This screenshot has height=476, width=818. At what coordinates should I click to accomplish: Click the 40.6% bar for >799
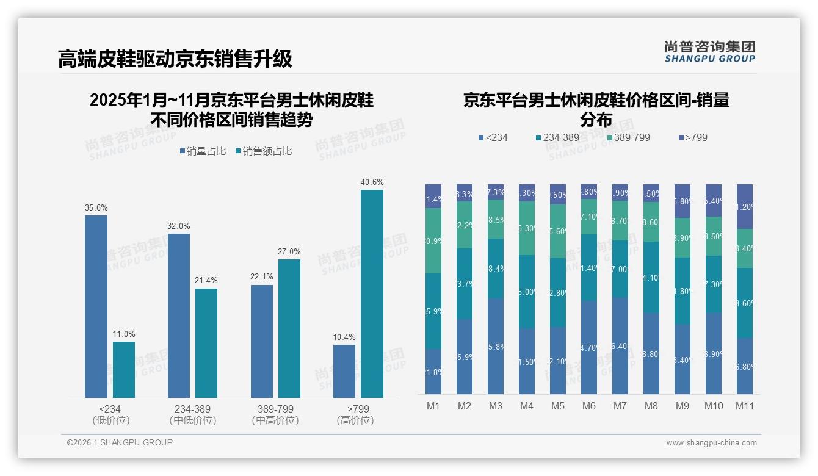tap(372, 294)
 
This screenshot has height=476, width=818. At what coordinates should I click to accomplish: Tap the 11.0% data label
tap(124, 334)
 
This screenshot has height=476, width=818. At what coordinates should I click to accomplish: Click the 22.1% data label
tap(261, 276)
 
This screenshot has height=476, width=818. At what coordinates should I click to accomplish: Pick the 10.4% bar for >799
tap(344, 371)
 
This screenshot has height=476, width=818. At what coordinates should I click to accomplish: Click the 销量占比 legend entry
tap(205, 151)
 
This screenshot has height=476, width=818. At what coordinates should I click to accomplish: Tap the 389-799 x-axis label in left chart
tap(275, 409)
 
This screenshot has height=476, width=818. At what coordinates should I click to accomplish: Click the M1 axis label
tap(433, 406)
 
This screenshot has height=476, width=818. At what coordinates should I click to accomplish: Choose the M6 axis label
tap(588, 406)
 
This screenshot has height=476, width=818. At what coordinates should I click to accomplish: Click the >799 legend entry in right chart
tap(692, 137)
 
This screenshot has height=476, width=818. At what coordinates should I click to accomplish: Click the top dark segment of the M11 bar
tap(744, 206)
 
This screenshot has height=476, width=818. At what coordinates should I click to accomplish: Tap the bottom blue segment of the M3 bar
tap(495, 346)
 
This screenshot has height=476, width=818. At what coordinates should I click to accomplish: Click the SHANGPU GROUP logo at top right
tap(709, 51)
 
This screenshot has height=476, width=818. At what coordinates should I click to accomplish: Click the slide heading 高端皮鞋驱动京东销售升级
tap(175, 59)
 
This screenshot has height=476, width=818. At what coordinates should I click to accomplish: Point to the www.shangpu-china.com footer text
tap(711, 443)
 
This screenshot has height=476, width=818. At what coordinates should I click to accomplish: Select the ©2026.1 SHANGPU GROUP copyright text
tap(120, 442)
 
